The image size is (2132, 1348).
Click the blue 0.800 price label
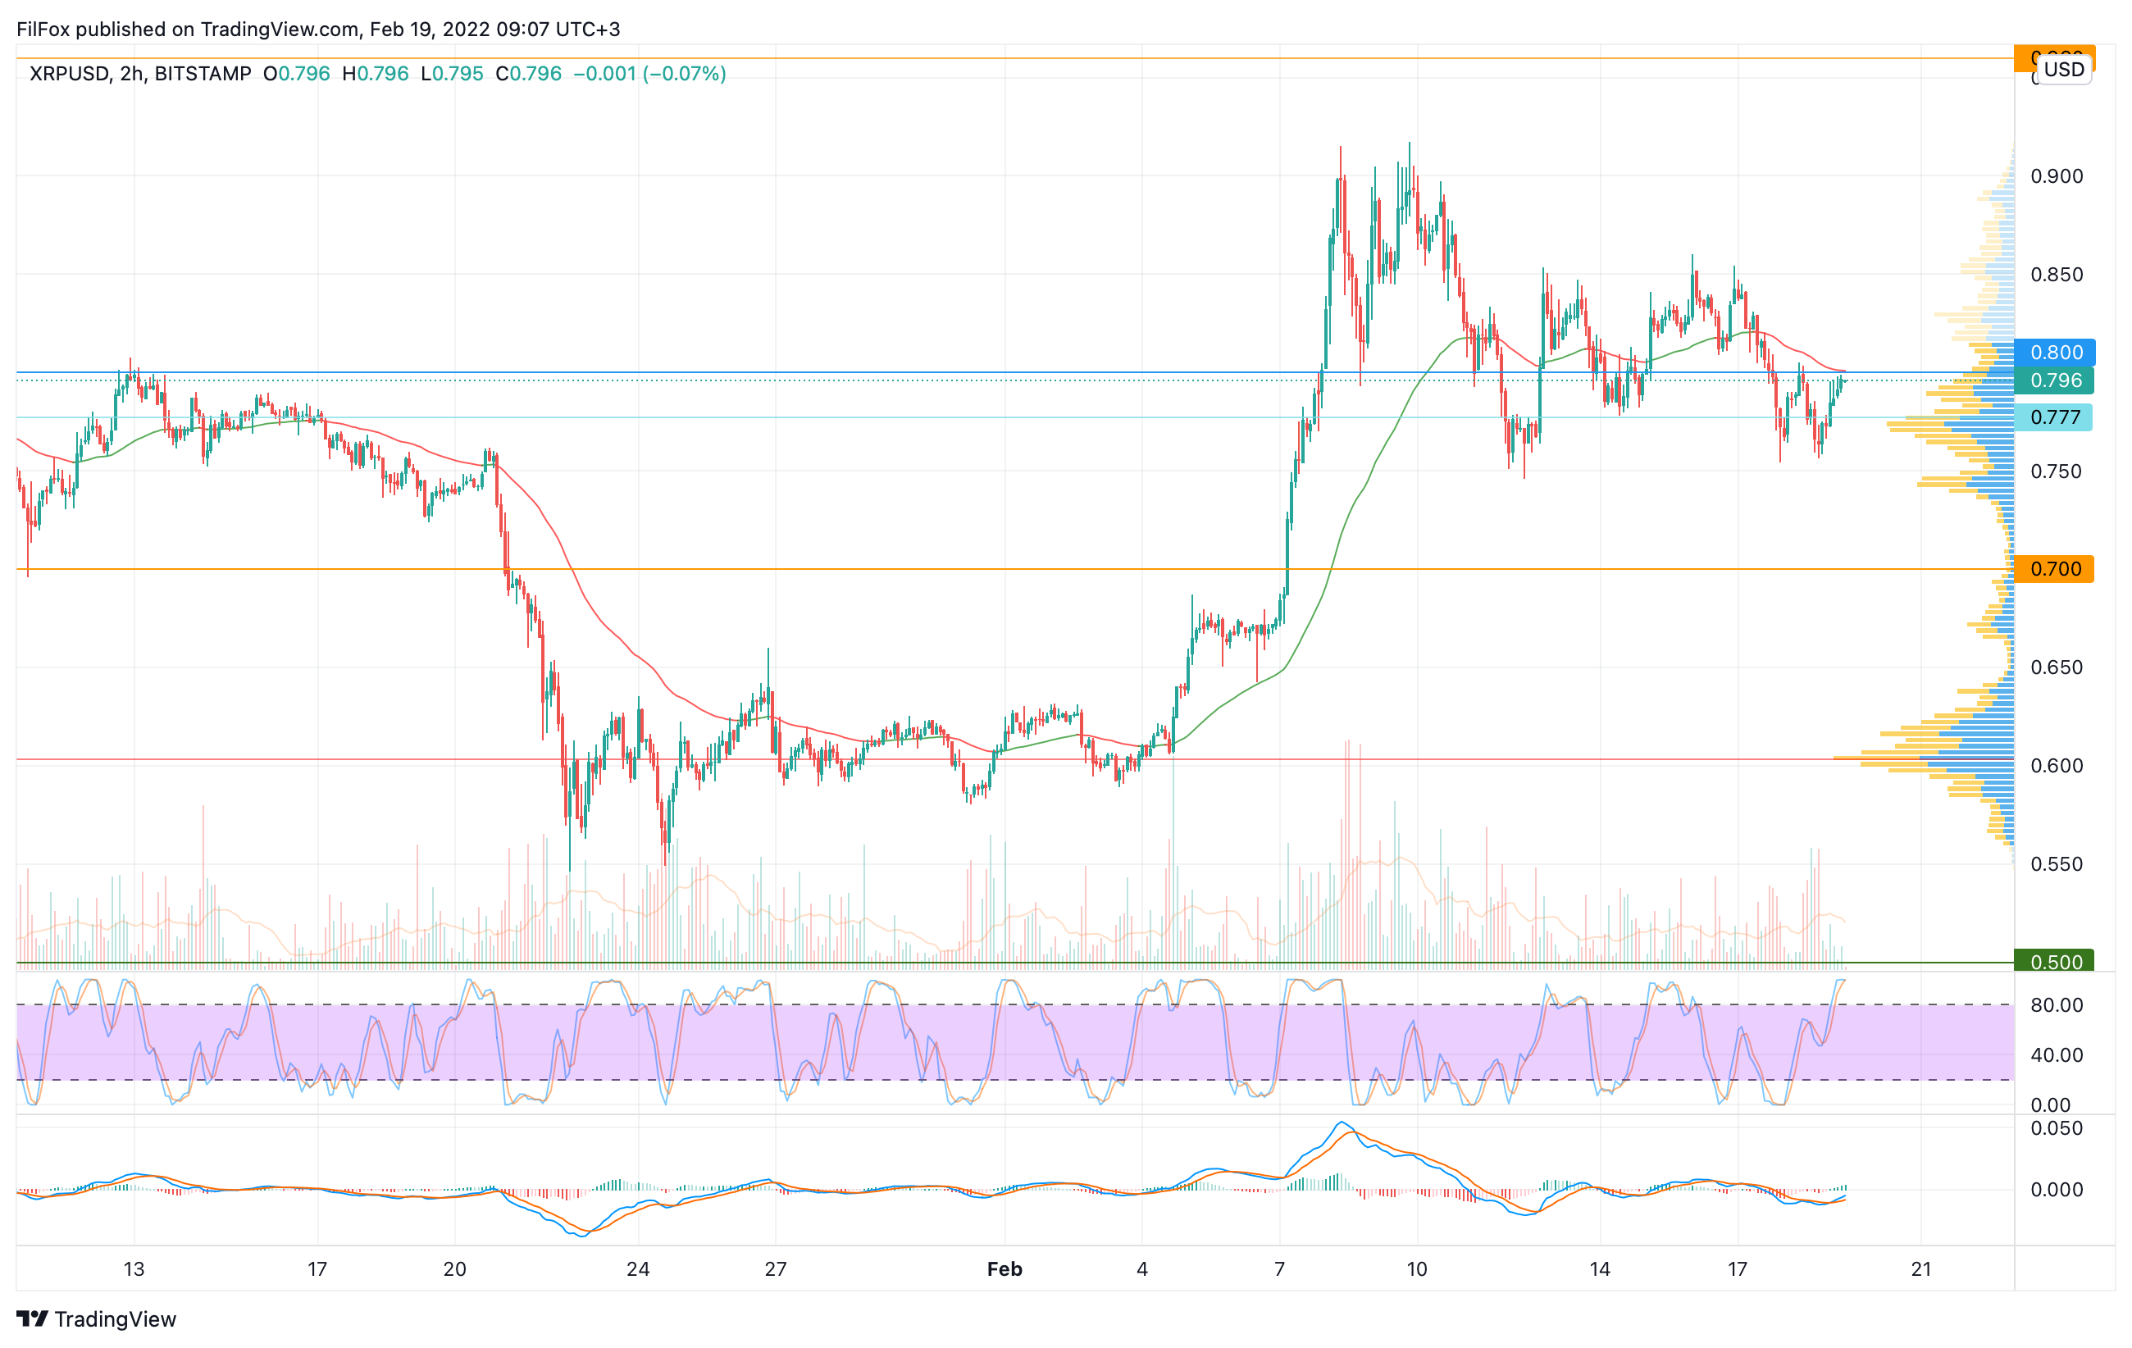[2054, 353]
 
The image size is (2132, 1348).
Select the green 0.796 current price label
[2054, 380]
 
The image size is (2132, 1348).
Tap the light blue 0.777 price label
[2054, 417]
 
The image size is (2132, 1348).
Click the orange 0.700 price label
[2054, 569]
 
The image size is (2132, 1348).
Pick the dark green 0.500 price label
[2054, 962]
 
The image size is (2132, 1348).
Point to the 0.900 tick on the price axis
[2056, 176]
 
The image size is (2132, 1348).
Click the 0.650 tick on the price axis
[2056, 667]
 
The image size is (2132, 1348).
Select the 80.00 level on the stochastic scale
[2056, 1005]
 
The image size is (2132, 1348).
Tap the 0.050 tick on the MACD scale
[2056, 1128]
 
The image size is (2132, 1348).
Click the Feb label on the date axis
[1004, 1269]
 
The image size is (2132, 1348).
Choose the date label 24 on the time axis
[637, 1269]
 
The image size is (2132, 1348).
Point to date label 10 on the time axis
[1417, 1269]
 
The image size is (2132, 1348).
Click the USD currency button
[2064, 69]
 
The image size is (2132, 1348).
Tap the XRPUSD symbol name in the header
[69, 74]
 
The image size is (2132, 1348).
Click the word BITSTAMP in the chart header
[203, 74]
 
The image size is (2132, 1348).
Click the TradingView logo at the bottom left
[97, 1319]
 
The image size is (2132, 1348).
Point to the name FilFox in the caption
[43, 30]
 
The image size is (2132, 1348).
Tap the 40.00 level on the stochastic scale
[2056, 1055]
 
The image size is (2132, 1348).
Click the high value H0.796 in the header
[376, 74]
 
